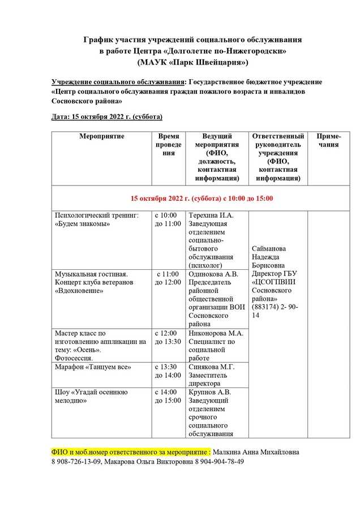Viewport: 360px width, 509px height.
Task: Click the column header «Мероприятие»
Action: pos(102,136)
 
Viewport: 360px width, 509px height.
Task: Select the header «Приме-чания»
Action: pos(328,140)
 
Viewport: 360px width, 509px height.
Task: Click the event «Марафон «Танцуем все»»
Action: pos(93,367)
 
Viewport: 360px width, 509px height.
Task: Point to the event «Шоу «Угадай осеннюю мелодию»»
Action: pos(91,396)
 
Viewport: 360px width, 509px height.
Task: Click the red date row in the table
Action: pos(202,199)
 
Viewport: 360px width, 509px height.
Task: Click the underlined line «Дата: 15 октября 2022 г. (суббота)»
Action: pos(107,117)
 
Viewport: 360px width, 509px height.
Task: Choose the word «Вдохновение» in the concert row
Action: pos(79,291)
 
